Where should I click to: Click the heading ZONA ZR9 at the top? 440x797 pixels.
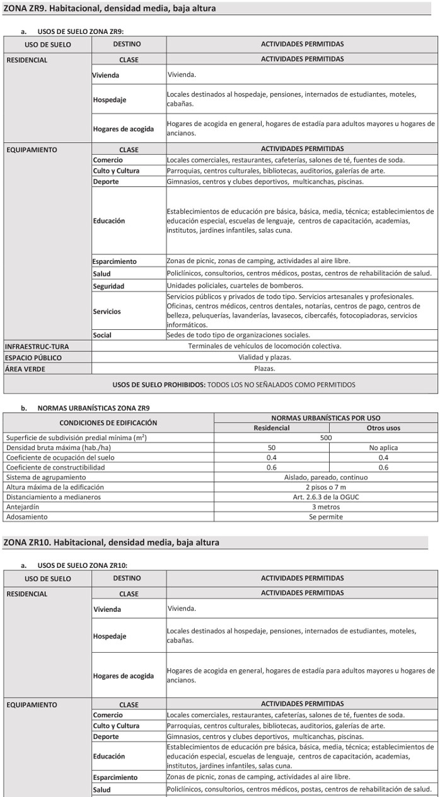click(109, 8)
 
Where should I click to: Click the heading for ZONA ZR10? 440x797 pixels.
click(112, 542)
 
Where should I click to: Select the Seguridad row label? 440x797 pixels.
click(108, 286)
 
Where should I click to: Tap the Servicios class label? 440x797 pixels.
click(107, 311)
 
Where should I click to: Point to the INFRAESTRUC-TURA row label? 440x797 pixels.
click(37, 346)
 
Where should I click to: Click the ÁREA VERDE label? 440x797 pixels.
click(25, 369)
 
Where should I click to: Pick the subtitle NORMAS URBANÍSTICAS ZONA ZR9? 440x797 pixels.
click(93, 408)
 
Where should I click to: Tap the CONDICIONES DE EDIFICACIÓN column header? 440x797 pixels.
click(108, 422)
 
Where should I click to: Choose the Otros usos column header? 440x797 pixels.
click(383, 428)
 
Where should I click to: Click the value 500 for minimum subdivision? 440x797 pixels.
click(325, 438)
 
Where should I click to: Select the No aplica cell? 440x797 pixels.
click(383, 448)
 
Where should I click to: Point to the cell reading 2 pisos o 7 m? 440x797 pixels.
click(325, 487)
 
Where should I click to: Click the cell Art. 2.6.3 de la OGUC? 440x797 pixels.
click(325, 497)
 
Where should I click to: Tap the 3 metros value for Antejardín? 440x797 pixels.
click(325, 507)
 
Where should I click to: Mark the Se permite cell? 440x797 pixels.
click(325, 517)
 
